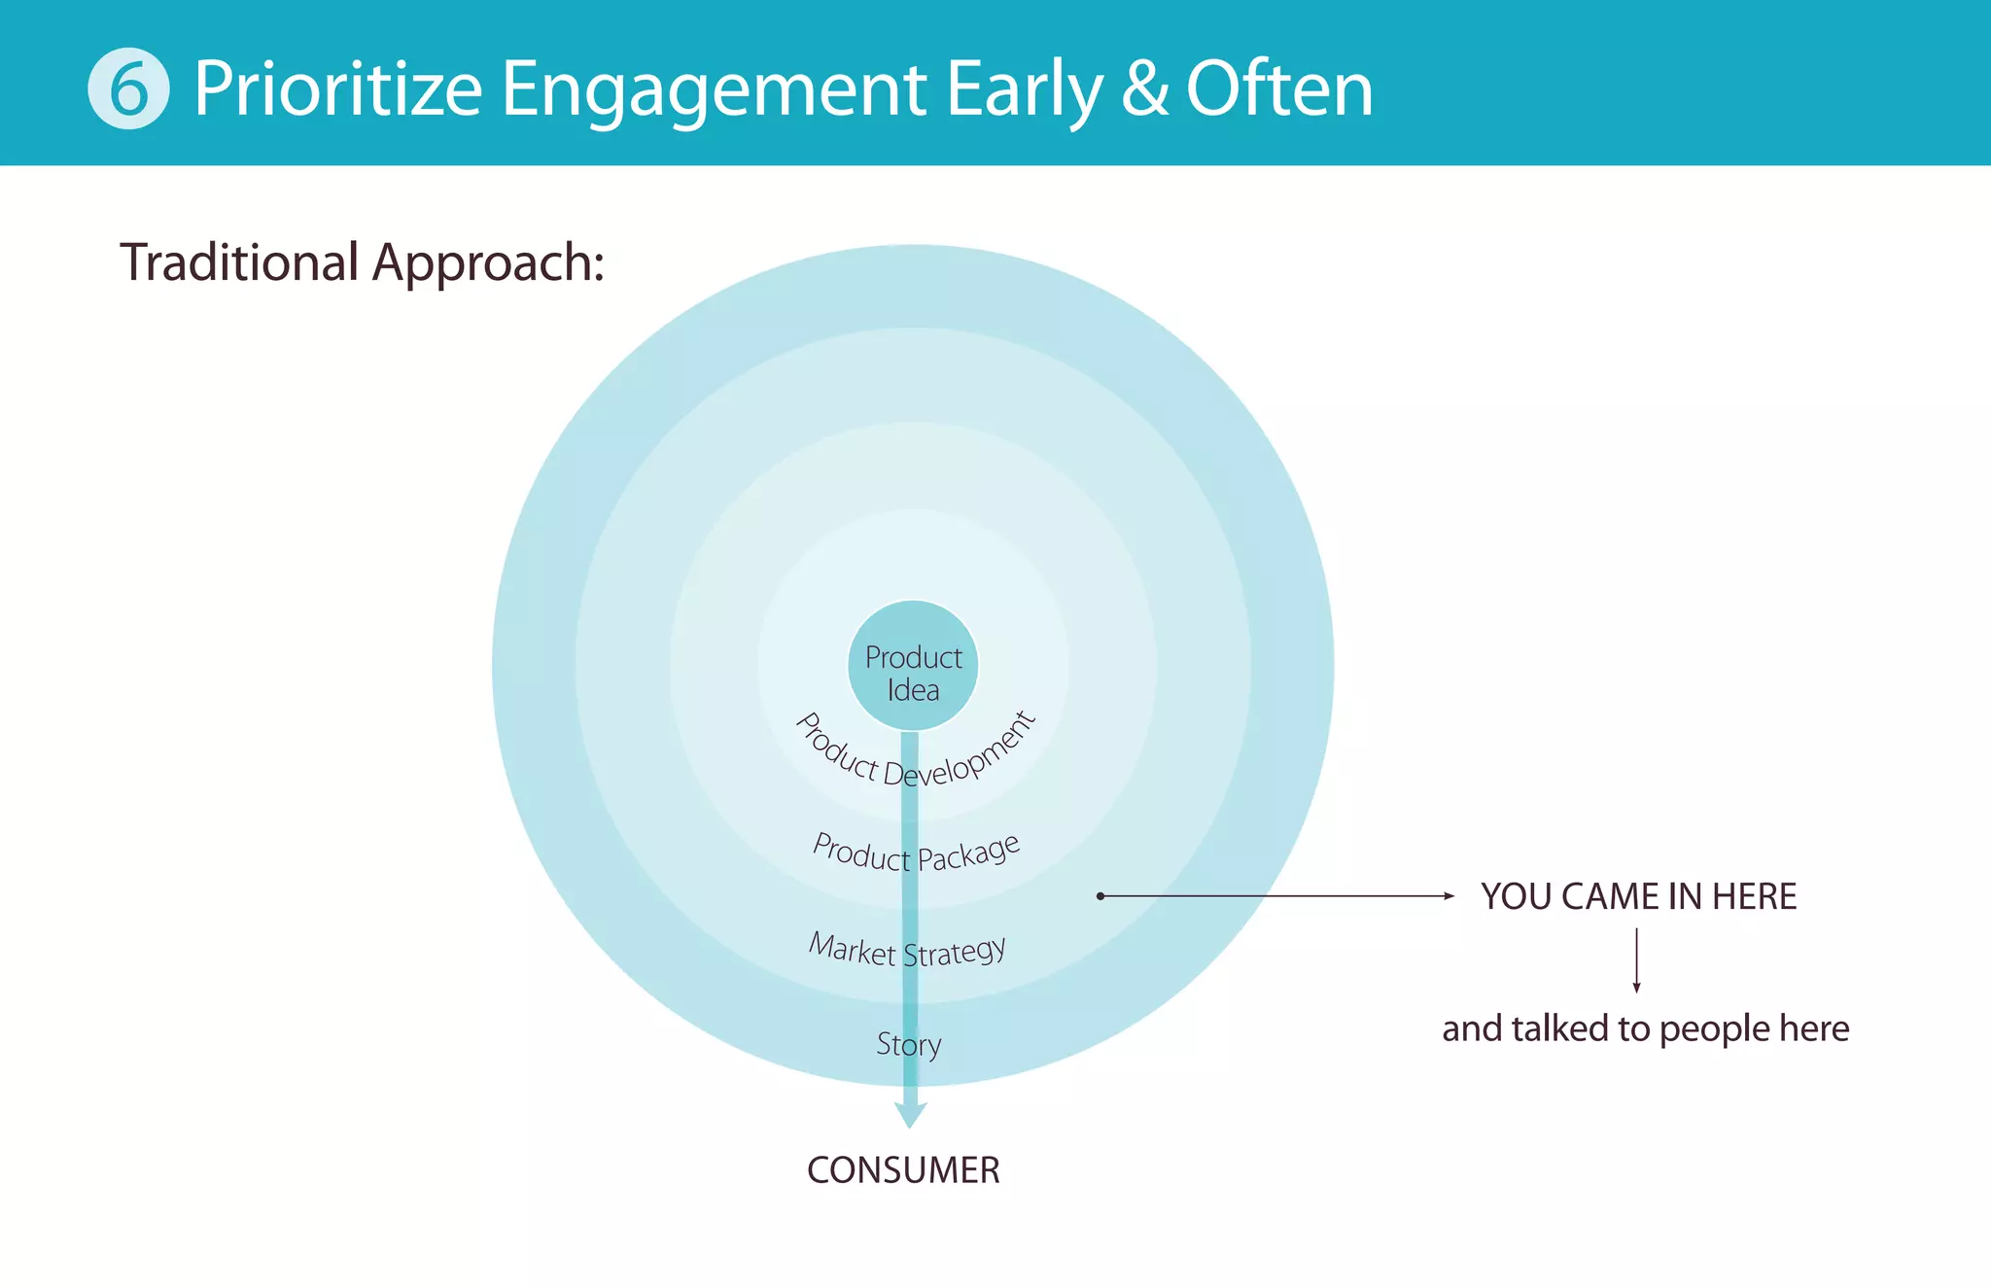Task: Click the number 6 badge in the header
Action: pos(128,88)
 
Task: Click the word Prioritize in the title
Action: pos(337,89)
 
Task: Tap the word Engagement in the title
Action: pos(713,89)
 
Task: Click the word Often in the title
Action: pos(1278,89)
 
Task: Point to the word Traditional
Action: pos(239,262)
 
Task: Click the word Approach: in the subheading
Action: pos(488,264)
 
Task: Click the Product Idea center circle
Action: pos(912,666)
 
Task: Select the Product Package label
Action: pos(916,853)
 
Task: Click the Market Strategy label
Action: pos(907,950)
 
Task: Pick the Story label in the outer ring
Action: pos(908,1044)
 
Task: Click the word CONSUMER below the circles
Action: pos(903,1170)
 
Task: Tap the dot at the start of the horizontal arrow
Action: pos(1100,895)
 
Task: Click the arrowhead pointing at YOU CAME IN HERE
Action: pos(1449,895)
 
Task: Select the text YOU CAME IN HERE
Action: pos(1638,896)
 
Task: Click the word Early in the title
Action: pos(1024,89)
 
